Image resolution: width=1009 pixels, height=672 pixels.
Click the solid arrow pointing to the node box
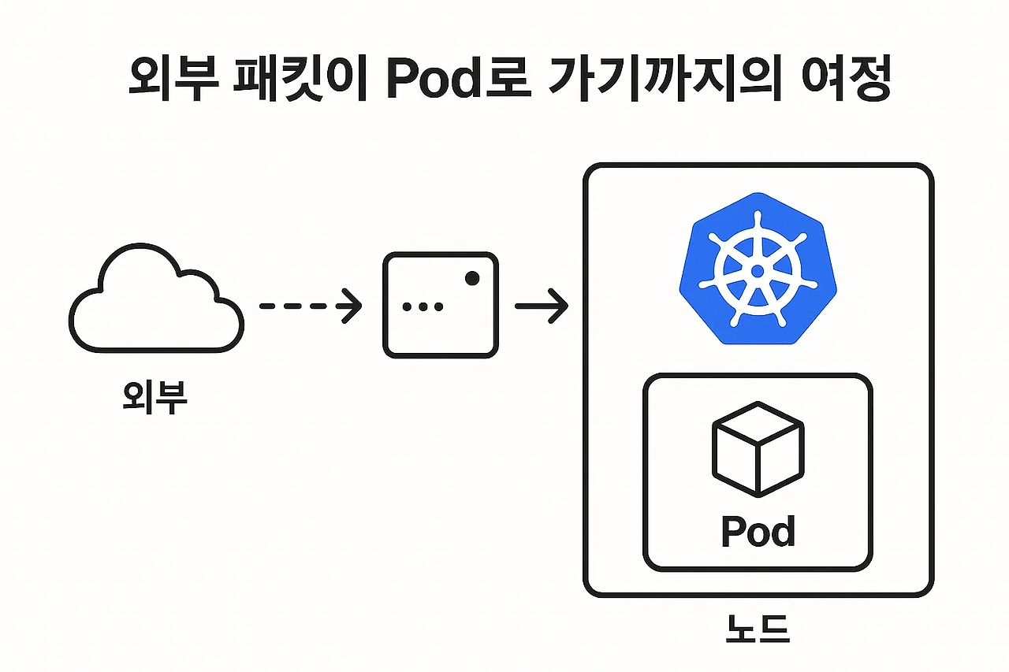point(541,306)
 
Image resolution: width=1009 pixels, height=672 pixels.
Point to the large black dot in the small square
point(472,277)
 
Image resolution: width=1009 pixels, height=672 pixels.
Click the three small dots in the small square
point(423,306)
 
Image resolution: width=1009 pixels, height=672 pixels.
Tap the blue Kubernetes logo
point(757,269)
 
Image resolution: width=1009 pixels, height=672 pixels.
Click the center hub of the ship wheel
point(757,271)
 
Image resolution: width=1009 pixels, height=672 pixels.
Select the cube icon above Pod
point(758,449)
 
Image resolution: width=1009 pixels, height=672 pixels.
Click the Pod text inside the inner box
point(758,532)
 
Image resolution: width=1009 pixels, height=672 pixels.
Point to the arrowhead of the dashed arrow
point(352,306)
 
